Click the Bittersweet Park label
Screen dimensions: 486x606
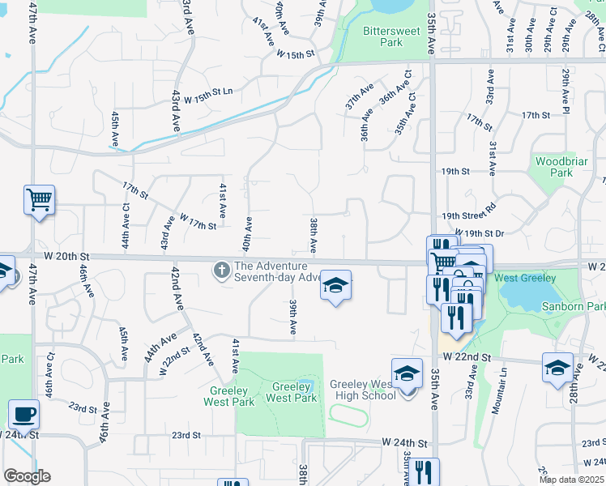click(382, 36)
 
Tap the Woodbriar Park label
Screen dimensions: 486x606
click(555, 167)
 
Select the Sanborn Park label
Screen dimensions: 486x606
click(584, 307)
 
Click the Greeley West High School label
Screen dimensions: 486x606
click(363, 390)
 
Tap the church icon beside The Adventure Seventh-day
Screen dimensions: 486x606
click(221, 271)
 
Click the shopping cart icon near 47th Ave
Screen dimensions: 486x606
click(40, 198)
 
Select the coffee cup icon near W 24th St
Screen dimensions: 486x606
click(23, 414)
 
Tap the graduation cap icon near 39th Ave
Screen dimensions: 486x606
click(335, 285)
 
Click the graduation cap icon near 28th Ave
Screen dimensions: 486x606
click(557, 367)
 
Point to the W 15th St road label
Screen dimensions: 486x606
click(295, 54)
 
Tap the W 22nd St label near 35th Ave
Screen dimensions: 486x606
click(467, 357)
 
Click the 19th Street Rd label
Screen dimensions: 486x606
click(468, 214)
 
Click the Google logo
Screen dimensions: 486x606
click(27, 476)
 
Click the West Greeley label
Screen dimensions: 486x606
click(525, 279)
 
